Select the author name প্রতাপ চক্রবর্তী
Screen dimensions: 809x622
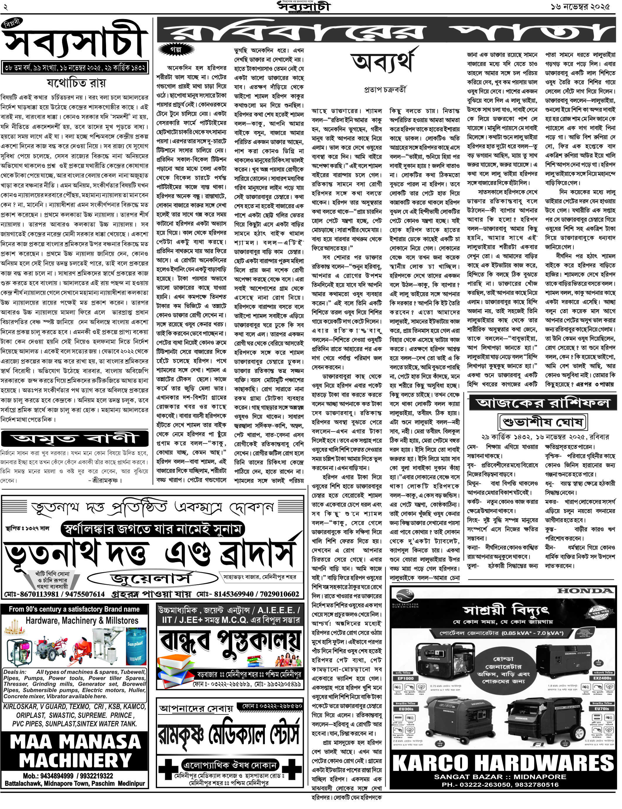[385, 89]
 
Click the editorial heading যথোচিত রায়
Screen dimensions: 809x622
[76, 82]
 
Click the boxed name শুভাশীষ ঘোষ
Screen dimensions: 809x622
[543, 422]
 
